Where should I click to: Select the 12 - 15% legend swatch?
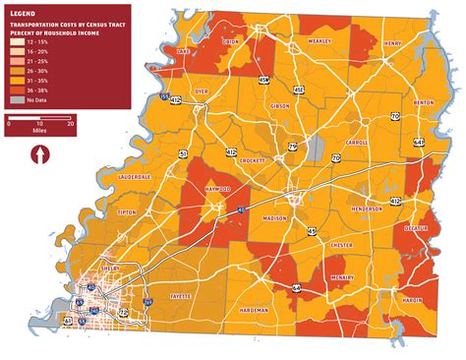tap(16, 44)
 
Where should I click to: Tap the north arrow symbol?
tap(39, 155)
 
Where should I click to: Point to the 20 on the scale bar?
tap(70, 124)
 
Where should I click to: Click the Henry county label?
tap(392, 43)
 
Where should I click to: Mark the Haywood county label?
tap(217, 188)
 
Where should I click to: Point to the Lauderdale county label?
tap(134, 177)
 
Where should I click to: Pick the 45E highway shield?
tap(298, 90)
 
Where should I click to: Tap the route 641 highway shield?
tap(419, 142)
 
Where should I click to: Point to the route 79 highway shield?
tap(293, 147)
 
